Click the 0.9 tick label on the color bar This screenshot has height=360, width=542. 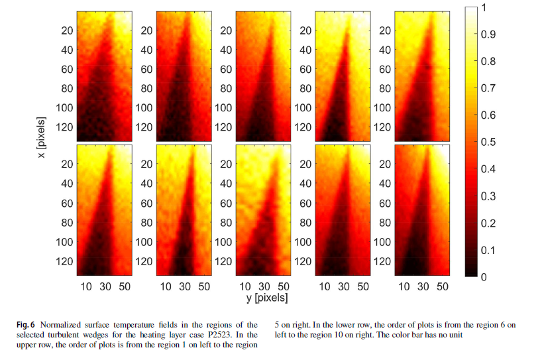[x=489, y=34]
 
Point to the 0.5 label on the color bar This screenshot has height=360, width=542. [x=489, y=143]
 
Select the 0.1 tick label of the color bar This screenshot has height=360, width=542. [x=489, y=251]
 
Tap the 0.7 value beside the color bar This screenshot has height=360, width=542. [x=489, y=88]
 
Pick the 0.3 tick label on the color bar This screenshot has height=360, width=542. [x=489, y=196]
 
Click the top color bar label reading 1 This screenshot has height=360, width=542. [x=485, y=8]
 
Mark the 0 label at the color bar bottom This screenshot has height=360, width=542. [x=485, y=278]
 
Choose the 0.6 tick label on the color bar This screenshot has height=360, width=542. [x=489, y=115]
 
